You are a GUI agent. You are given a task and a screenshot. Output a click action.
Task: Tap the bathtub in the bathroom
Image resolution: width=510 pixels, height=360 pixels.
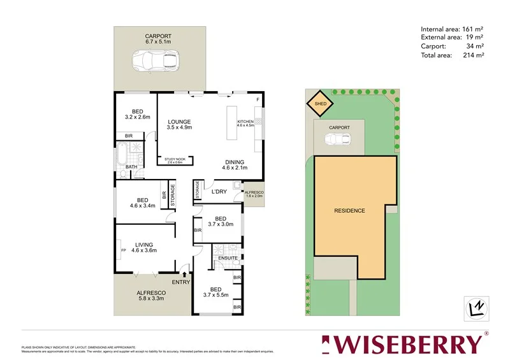121,154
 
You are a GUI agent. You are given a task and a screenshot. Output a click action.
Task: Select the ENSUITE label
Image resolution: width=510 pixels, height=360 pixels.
228,258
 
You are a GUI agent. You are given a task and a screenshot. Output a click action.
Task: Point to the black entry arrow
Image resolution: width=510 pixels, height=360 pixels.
185,274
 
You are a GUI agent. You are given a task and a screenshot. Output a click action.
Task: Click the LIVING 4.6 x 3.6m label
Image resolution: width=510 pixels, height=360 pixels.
143,246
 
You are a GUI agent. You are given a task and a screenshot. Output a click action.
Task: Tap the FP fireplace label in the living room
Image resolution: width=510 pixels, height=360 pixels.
123,250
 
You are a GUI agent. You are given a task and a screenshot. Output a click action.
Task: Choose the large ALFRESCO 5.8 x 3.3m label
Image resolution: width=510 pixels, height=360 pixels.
151,296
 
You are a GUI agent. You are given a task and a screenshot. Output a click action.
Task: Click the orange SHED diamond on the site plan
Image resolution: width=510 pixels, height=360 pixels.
322,103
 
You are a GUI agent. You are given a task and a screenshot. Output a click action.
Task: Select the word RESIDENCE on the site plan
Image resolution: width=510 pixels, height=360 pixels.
350,210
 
